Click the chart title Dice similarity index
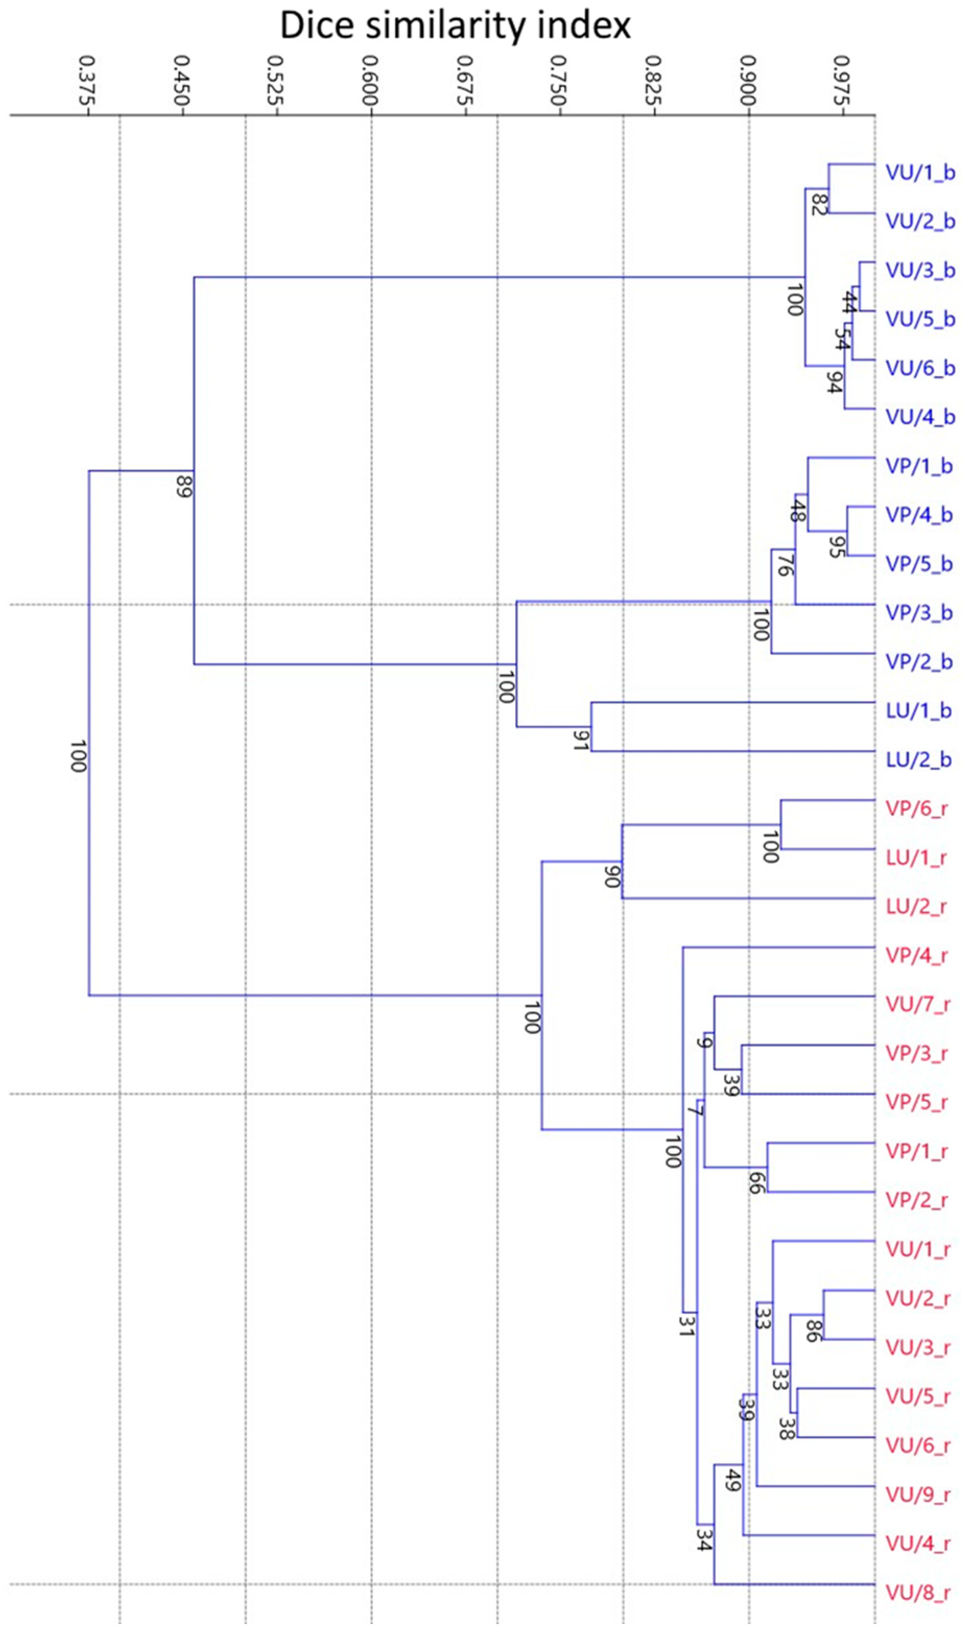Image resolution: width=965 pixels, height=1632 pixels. (455, 26)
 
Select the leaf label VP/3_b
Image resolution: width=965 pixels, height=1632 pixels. (919, 613)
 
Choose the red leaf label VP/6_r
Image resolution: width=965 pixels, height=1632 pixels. (916, 808)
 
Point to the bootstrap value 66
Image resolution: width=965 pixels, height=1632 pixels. (754, 1183)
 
